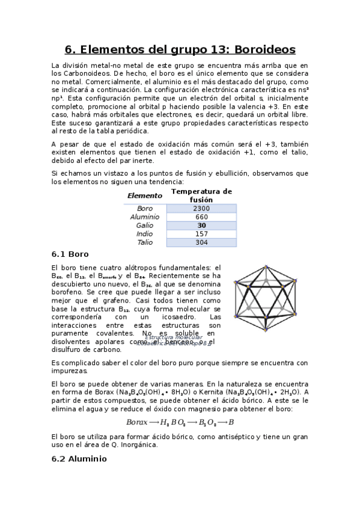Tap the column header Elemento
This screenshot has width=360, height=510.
[x=144, y=195]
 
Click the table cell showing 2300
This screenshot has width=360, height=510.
[x=201, y=208]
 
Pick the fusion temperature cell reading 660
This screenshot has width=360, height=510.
[x=201, y=217]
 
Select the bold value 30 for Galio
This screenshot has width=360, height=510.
[x=201, y=226]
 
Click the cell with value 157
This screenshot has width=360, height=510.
[x=201, y=234]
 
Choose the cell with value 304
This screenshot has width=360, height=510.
[x=201, y=242]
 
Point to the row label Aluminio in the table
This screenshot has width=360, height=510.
[x=145, y=217]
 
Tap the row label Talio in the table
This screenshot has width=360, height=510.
[x=145, y=242]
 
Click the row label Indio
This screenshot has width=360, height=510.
[x=145, y=234]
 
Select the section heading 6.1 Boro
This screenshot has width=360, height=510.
[x=70, y=254]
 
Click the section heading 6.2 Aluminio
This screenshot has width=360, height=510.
[x=79, y=458]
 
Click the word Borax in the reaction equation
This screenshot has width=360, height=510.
[x=138, y=422]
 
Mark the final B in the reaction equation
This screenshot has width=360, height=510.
[x=231, y=422]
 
